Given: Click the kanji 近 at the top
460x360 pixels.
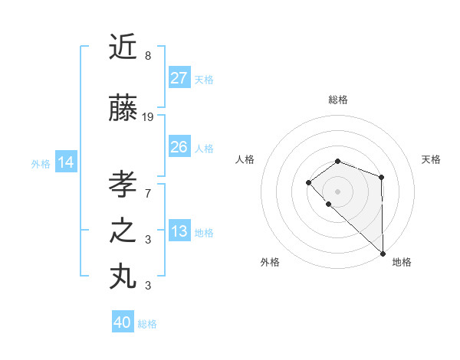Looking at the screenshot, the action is click(123, 47).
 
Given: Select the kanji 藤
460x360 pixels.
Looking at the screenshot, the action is click(123, 110).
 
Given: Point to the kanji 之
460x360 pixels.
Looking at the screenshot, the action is click(123, 231).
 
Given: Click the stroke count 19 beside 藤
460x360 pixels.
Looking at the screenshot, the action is click(148, 117).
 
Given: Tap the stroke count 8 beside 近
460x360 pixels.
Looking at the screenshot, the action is click(148, 56).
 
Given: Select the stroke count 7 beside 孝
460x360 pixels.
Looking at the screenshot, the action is click(148, 193).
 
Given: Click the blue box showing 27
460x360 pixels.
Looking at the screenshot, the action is click(179, 78).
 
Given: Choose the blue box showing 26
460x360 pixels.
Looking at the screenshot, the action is click(179, 147).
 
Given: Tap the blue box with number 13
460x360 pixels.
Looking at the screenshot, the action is click(179, 232).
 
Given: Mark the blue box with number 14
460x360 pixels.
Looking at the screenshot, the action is click(66, 162).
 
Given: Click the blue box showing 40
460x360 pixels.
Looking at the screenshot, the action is click(123, 323).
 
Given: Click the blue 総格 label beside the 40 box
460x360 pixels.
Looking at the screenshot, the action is click(147, 324).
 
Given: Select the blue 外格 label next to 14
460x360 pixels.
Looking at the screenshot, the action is click(41, 163).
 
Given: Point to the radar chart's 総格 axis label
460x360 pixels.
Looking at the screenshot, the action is click(338, 100).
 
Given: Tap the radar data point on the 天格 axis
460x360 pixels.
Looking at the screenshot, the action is click(381, 177).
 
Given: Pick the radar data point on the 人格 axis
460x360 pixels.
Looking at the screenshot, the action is click(308, 182).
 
